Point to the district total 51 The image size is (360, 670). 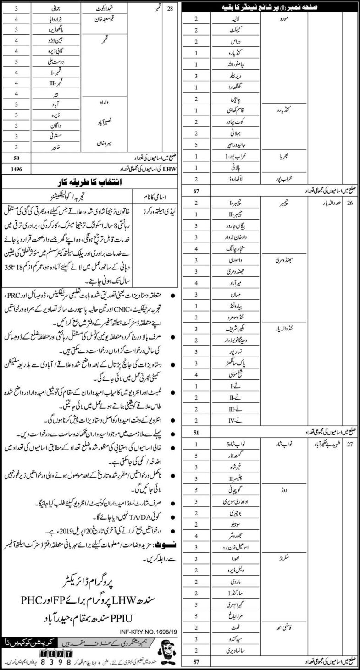click(x=196, y=431)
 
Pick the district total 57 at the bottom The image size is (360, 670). click(x=196, y=662)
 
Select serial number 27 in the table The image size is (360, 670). click(x=350, y=444)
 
